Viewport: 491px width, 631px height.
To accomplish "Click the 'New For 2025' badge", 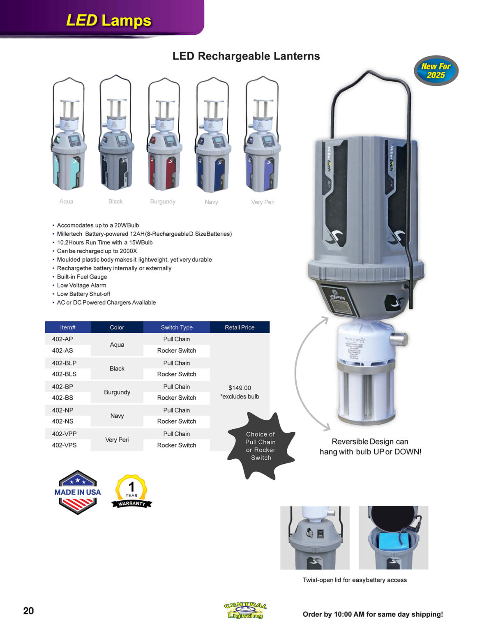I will coord(436,71).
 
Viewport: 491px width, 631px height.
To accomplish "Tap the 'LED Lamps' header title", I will coord(108,20).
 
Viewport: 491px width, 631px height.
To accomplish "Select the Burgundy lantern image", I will coord(164,136).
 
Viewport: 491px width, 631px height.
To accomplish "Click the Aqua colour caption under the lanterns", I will coord(66,201).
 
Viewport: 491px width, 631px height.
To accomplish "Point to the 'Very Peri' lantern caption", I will coord(263,202).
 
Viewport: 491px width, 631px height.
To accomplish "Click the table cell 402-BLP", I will coord(64,363).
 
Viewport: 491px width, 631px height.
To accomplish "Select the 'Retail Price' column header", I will coord(240,327).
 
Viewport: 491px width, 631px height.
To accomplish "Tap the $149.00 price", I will coord(240,388).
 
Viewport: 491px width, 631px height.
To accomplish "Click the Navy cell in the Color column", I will coord(117,416).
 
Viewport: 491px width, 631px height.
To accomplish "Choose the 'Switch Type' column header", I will coord(177,327).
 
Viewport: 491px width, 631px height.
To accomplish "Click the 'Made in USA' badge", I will coord(78,492).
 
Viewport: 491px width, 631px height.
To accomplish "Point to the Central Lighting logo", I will coord(245,610).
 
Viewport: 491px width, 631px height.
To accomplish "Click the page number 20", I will coord(28,611).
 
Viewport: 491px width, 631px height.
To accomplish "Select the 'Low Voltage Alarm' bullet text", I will coord(81,285).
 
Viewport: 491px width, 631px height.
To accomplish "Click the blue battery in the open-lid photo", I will coord(393,541).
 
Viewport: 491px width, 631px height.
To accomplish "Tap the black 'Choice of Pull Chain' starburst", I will coord(260,446).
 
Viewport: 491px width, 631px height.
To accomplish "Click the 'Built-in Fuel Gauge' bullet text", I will coord(82,276).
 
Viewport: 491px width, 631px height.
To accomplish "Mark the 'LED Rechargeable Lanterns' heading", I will coord(246,56).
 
